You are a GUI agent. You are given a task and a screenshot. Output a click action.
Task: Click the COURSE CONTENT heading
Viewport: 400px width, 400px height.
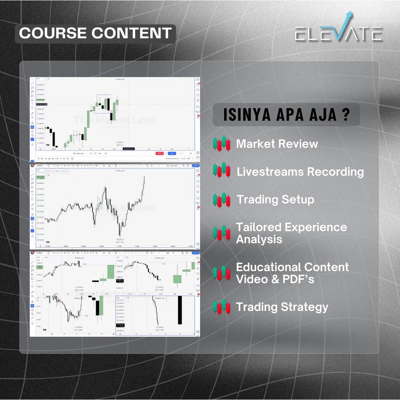95,33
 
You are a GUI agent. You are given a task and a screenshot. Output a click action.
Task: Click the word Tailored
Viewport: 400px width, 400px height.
258,227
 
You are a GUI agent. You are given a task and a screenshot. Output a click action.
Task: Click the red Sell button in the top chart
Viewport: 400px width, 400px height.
159,154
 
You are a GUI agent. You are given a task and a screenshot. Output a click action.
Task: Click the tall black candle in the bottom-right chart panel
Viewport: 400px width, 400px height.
180,310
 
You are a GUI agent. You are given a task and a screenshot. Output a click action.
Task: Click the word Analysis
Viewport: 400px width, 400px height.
259,239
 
